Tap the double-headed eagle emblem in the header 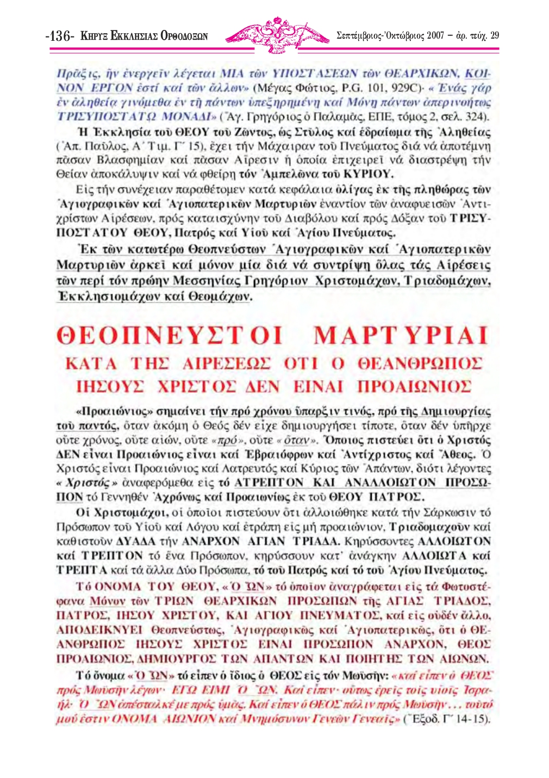pos(277,34)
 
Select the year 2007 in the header pos(435,36)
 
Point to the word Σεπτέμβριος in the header pos(360,36)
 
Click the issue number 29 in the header pos(494,36)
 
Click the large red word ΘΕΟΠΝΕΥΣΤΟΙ pos(170,335)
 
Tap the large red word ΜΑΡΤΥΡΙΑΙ pos(401,335)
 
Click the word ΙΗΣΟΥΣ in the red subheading pos(110,387)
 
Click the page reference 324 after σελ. pos(478,116)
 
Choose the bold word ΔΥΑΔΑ pos(136,541)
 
